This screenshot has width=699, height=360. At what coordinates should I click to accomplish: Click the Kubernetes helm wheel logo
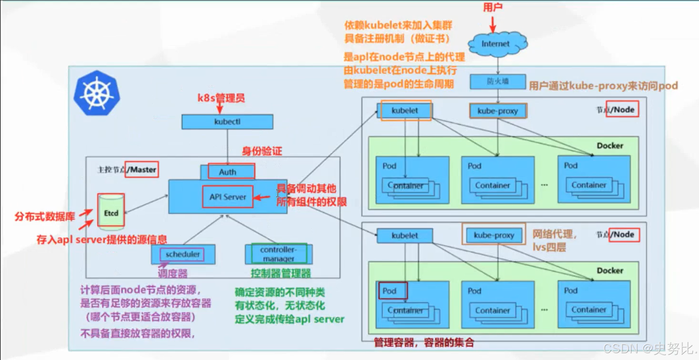coord(97,93)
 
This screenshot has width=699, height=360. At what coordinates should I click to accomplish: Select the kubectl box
coord(227,122)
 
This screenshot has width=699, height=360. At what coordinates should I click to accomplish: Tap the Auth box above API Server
coord(228,172)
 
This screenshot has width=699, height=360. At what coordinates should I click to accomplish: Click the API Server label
coord(228,197)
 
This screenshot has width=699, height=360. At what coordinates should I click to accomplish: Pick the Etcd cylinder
coord(111,212)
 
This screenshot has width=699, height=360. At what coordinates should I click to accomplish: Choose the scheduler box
coord(183,254)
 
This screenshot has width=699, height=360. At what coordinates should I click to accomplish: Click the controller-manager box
coord(278,254)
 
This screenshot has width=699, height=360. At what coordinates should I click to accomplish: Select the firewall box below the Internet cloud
coord(498,81)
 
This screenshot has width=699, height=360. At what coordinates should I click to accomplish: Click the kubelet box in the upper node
coord(405,111)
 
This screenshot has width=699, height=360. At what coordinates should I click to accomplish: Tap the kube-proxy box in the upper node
coord(498,111)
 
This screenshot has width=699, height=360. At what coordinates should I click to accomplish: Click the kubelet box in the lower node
coord(405,235)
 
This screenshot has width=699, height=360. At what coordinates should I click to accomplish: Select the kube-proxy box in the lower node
coord(494,235)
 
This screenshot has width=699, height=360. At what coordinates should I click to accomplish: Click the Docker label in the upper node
coord(610,146)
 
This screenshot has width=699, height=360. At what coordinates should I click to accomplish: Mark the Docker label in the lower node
coord(610,271)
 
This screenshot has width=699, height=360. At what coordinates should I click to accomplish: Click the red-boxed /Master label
coord(142,169)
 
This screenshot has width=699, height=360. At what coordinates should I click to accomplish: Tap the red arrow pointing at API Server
coord(262,197)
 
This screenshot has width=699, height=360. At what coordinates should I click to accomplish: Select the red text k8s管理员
coord(221,98)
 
